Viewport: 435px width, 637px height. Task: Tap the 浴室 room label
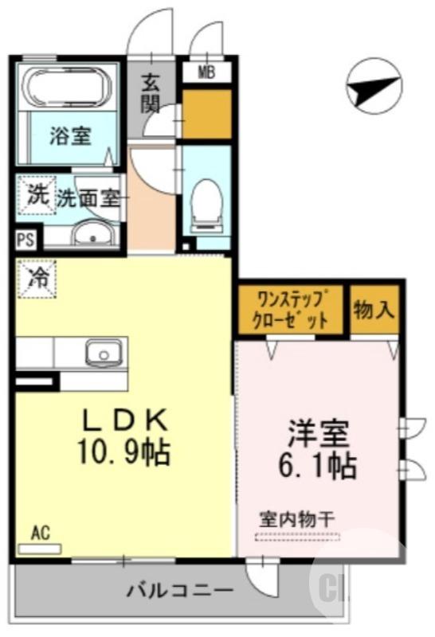71,135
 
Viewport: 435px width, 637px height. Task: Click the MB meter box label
206,72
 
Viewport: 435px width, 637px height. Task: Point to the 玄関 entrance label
151,92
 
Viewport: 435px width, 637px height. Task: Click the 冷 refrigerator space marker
35,278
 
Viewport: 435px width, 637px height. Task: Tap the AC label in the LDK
41,531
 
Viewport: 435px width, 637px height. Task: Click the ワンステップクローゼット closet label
292,311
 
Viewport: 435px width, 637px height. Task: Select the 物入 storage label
374,310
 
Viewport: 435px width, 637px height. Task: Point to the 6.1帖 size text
319,465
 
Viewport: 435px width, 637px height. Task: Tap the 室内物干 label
297,518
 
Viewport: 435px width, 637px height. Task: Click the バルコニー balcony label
180,591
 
